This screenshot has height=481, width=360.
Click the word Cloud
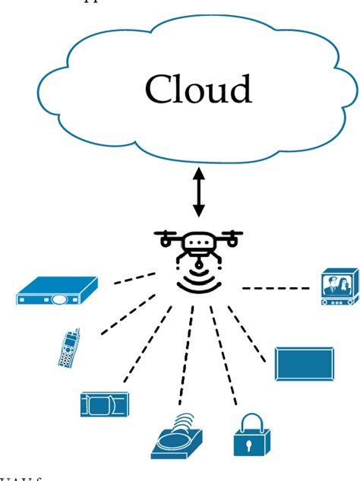(198, 90)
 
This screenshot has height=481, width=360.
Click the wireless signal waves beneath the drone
(198, 281)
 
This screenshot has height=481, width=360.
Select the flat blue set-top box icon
(57, 292)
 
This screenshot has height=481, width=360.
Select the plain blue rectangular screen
(304, 363)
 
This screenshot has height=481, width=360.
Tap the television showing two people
(337, 286)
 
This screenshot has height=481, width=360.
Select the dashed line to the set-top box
(134, 279)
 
